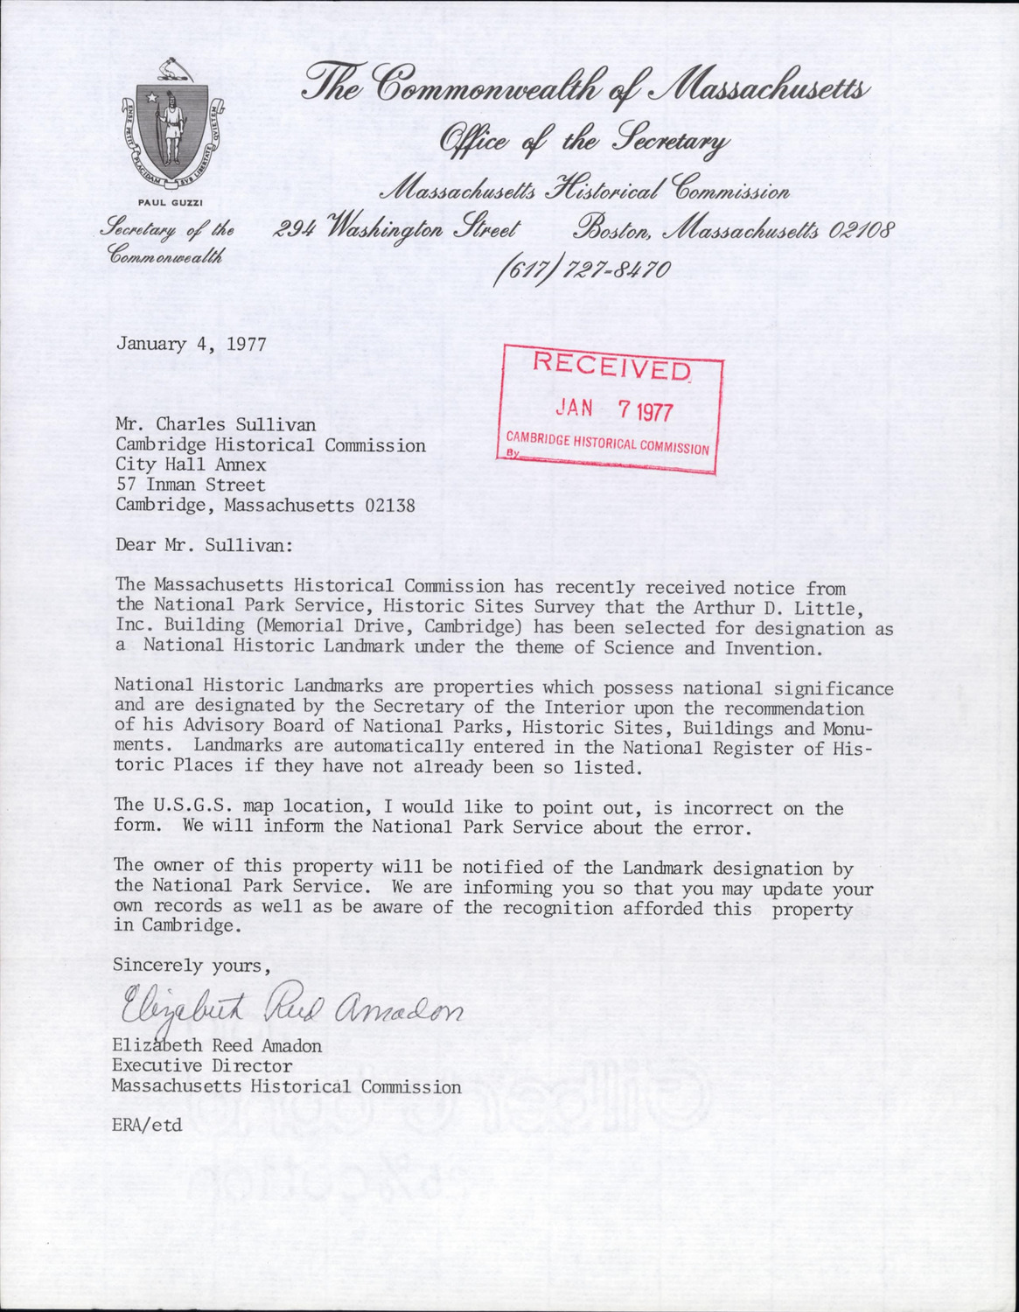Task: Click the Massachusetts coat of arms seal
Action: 171,122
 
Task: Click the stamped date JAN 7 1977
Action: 615,408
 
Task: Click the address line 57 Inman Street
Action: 191,485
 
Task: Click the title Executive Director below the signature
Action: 201,1066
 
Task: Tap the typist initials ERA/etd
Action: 147,1125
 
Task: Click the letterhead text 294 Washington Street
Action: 397,231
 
